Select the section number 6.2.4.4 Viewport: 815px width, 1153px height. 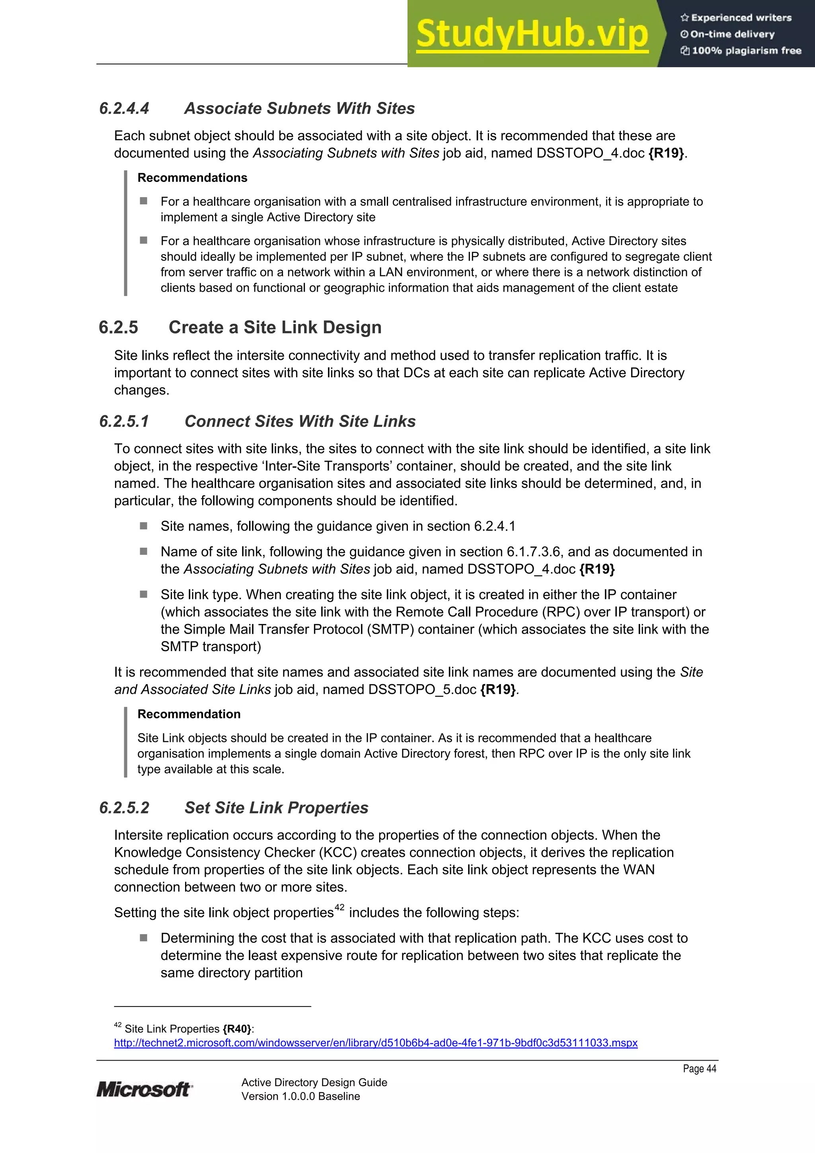click(124, 109)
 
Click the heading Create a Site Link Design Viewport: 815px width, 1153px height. click(275, 328)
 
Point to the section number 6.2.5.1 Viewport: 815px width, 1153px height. click(124, 421)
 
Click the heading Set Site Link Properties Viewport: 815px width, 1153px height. click(276, 808)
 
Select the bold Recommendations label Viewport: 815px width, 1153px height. click(192, 178)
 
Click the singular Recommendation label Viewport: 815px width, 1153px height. click(189, 714)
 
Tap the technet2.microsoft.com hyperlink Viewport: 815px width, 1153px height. click(376, 1043)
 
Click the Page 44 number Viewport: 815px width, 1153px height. click(699, 1069)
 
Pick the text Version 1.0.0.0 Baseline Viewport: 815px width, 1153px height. click(300, 1096)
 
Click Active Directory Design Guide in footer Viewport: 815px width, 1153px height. click(314, 1082)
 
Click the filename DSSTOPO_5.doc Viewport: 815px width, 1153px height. click(422, 689)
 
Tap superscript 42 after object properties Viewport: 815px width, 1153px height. click(339, 907)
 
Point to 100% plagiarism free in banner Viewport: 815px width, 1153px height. click(746, 50)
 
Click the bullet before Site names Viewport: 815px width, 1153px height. click(144, 526)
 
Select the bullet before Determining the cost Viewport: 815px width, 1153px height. click(144, 938)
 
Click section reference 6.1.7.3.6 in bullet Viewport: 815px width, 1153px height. click(533, 552)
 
